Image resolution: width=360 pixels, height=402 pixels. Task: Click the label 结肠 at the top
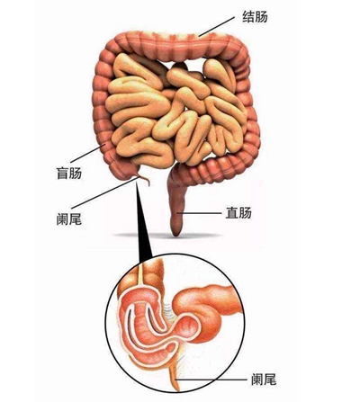(255, 16)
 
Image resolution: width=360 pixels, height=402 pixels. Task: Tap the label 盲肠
(68, 173)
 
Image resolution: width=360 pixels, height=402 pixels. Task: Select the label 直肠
(238, 213)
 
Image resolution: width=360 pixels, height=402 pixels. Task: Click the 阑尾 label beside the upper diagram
(68, 219)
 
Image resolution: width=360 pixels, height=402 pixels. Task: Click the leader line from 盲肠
(87, 154)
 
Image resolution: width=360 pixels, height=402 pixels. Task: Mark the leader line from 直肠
(199, 213)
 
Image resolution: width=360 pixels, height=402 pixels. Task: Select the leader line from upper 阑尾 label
(105, 192)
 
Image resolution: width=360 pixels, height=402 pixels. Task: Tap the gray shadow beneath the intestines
(168, 236)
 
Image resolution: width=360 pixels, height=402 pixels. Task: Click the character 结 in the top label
(248, 16)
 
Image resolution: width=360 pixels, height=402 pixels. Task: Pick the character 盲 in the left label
(62, 173)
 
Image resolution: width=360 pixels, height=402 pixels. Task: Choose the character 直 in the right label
(232, 213)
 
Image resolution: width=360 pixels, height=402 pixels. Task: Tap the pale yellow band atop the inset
(140, 272)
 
